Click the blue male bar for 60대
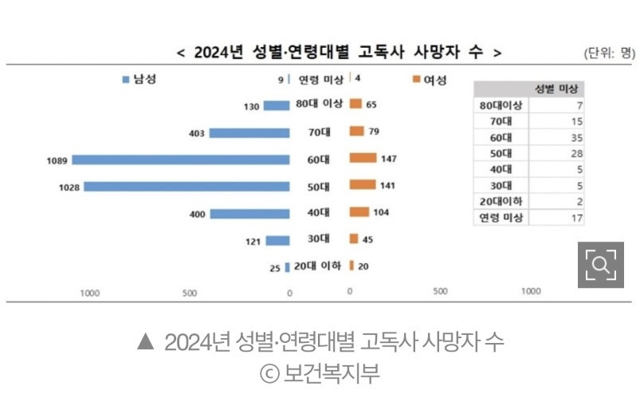point(181,160)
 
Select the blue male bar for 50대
point(187,187)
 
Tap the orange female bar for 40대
point(359,213)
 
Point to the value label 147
point(389,160)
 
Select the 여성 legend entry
point(430,80)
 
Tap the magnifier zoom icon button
point(600,264)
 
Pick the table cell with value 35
point(577,137)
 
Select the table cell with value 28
point(577,153)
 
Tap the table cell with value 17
point(577,217)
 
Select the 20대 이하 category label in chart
point(317,266)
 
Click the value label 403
point(196,133)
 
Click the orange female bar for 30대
point(353,239)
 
